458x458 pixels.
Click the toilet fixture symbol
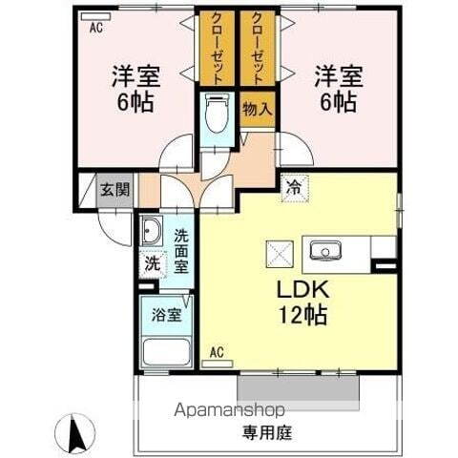pyautogui.click(x=216, y=119)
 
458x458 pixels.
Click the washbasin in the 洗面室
pyautogui.click(x=152, y=232)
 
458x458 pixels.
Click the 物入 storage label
pyautogui.click(x=257, y=110)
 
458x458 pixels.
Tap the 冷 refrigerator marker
pyautogui.click(x=293, y=188)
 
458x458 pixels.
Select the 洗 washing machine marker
pyautogui.click(x=152, y=264)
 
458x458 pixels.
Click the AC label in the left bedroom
pyautogui.click(x=95, y=29)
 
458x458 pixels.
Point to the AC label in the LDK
pyautogui.click(x=217, y=352)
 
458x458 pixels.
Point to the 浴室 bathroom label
pyautogui.click(x=168, y=315)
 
